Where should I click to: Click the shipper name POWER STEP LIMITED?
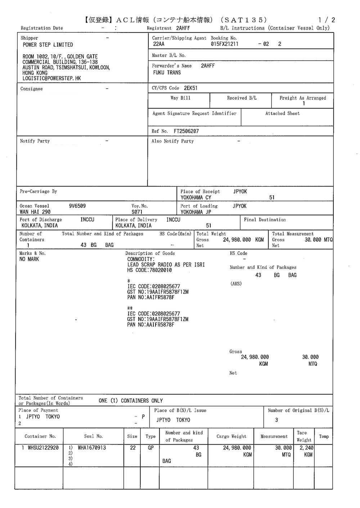48,45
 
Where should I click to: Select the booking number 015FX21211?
224,44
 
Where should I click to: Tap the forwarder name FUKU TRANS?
167,73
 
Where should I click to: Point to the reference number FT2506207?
186,131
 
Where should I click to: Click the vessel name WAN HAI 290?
35,212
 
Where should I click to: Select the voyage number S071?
137,212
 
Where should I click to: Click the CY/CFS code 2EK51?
190,88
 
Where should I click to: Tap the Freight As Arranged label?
302,98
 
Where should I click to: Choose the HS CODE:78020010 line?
149,270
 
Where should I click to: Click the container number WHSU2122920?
43,448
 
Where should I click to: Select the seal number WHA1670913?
92,448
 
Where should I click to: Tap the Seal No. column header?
94,436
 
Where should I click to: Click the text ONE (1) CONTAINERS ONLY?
131,401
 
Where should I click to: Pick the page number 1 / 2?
327,20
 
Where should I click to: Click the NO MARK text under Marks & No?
29,259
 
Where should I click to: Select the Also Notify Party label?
172,141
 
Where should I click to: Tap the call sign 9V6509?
77,206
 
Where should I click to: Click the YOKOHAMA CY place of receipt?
196,198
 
